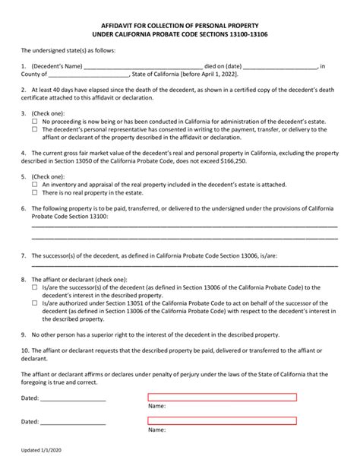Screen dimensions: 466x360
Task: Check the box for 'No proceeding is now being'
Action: tap(35, 122)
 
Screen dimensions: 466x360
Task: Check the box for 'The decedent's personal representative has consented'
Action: tap(35, 130)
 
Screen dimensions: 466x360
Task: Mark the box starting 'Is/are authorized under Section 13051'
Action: tap(35, 303)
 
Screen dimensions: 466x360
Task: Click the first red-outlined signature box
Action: tap(222, 397)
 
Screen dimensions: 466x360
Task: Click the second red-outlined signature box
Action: tap(222, 420)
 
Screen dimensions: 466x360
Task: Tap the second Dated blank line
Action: tap(73, 423)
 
